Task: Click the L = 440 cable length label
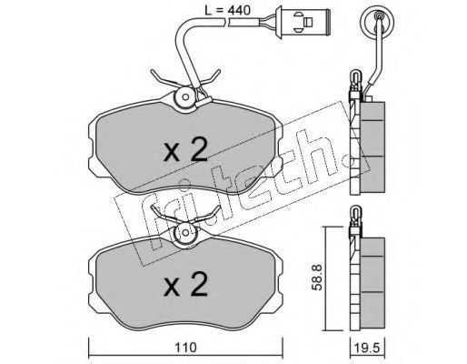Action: [x=227, y=10]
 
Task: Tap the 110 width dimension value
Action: [x=185, y=348]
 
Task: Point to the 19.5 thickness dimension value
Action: [x=367, y=348]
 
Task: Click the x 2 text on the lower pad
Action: [x=185, y=283]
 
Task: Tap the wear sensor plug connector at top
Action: [x=303, y=22]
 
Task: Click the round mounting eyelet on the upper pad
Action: [x=185, y=97]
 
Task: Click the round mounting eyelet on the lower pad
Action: [x=185, y=234]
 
